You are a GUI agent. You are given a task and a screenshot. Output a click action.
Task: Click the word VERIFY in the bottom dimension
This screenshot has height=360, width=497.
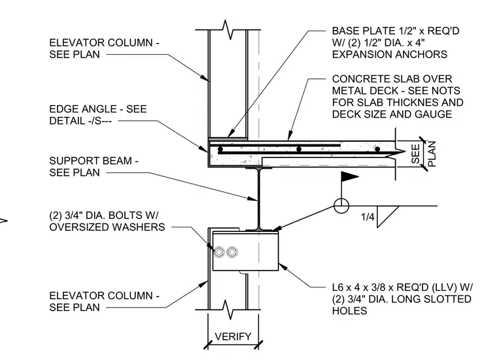point(233,336)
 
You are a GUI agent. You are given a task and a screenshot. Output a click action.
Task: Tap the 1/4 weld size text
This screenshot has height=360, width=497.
point(368,217)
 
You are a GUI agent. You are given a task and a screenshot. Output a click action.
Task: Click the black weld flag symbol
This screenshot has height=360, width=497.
point(350,176)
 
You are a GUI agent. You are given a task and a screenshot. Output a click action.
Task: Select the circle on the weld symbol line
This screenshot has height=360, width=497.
point(341,206)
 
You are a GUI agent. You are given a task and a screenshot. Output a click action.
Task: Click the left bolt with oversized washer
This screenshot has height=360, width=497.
point(219,252)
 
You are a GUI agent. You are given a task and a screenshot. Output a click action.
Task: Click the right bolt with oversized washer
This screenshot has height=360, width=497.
point(232,252)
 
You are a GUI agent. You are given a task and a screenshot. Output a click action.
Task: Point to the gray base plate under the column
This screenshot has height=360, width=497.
point(228,139)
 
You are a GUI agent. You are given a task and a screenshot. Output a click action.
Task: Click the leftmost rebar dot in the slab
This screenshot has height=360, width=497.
point(220,149)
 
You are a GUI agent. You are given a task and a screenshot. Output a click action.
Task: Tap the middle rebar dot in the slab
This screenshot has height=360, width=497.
point(299,149)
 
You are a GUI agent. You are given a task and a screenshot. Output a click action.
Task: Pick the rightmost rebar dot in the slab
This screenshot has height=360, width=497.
point(377,149)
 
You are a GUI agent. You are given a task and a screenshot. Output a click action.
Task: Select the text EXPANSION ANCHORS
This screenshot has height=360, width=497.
point(390,54)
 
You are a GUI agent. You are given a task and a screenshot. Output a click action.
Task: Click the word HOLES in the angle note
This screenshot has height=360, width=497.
point(350,311)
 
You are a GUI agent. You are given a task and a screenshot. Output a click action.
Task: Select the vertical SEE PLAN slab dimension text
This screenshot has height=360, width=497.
point(424,154)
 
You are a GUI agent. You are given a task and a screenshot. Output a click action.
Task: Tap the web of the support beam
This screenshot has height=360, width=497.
point(259,199)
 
